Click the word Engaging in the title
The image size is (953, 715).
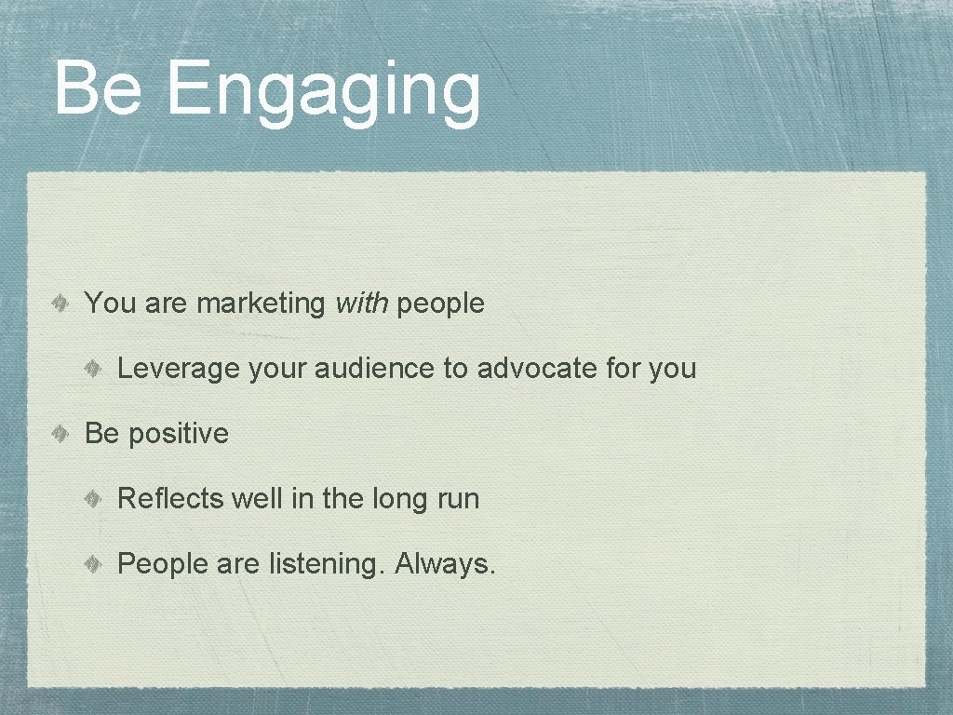click(324, 90)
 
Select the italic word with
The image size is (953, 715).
click(362, 303)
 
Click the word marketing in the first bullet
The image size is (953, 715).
click(262, 304)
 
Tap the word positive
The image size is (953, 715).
click(178, 434)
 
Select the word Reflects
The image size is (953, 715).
click(170, 499)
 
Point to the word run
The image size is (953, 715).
click(458, 500)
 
